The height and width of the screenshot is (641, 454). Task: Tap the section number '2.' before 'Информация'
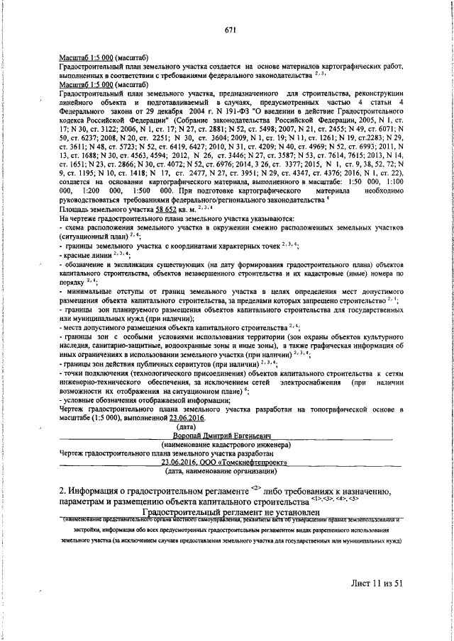(x=64, y=492)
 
